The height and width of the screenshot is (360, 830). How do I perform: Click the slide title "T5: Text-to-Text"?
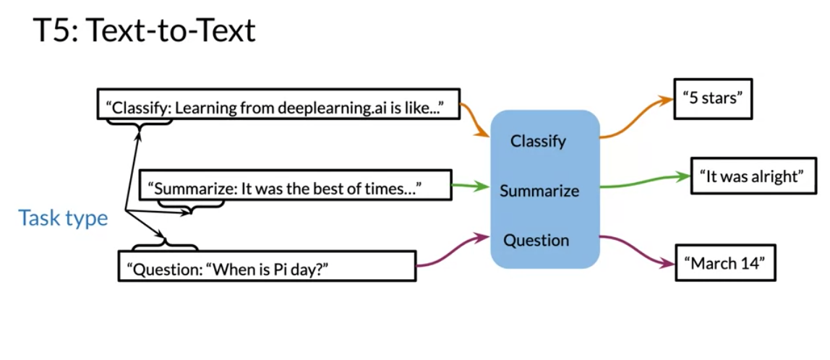(145, 30)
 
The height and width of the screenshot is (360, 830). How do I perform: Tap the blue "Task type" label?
(63, 218)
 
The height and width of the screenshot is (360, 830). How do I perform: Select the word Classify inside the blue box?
(538, 142)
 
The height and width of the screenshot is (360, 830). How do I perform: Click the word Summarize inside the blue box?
(539, 191)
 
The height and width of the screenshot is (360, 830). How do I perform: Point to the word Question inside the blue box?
(536, 240)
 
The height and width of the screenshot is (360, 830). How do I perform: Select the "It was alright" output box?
(754, 176)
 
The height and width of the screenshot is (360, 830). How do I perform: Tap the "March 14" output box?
(725, 262)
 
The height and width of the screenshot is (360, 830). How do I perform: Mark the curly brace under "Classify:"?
(140, 124)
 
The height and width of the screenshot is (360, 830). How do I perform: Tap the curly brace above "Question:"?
(165, 244)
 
